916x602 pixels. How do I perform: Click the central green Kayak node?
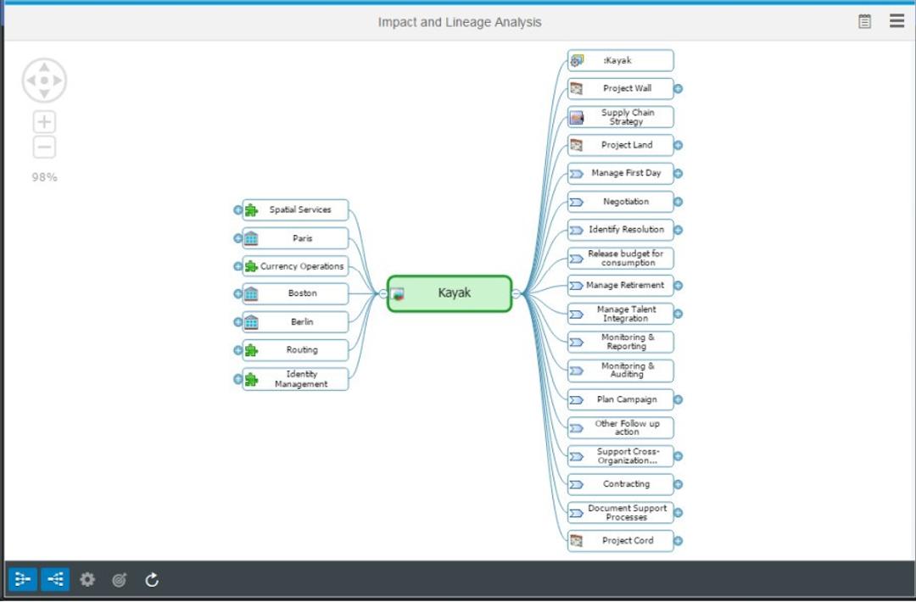coord(450,293)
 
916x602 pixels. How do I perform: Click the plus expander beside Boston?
coord(237,294)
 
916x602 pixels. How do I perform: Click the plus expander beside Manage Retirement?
coord(679,286)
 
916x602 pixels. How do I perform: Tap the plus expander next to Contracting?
coord(679,485)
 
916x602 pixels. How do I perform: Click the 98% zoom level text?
coord(44,177)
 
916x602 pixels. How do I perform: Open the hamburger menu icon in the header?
coord(896,21)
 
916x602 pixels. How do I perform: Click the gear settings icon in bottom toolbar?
coord(87,580)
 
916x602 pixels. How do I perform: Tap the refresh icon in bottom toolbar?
coord(152,580)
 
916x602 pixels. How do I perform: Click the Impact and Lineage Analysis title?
coord(459,22)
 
